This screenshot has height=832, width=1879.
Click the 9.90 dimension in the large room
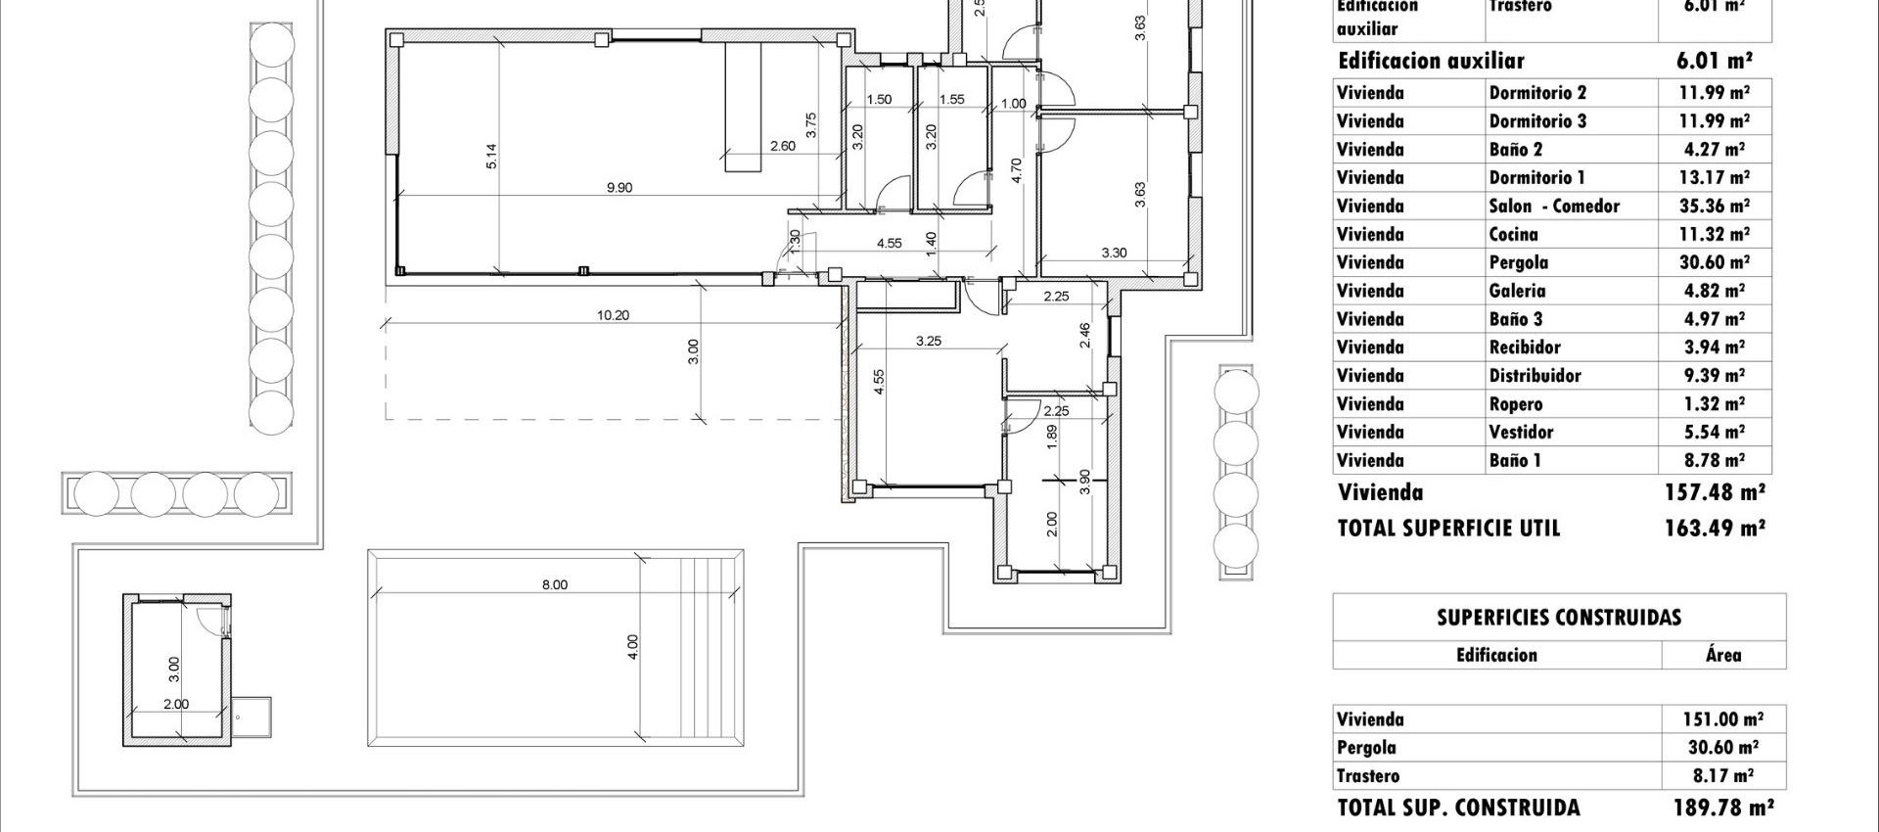(619, 188)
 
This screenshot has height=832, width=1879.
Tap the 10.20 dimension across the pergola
(613, 315)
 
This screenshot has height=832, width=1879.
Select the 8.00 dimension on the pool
(554, 585)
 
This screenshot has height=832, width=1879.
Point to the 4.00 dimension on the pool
(632, 647)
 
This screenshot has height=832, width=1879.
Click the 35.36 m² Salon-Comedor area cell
(1713, 207)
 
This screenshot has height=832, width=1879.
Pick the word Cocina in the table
(1513, 235)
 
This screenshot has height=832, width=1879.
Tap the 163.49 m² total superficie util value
(1715, 529)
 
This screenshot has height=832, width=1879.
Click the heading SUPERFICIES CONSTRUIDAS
(1559, 618)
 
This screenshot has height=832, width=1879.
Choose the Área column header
(1722, 655)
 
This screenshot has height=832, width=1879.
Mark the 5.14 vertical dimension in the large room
(491, 157)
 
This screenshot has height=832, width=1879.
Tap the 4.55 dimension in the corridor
(889, 244)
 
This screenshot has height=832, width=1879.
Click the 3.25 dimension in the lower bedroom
(928, 342)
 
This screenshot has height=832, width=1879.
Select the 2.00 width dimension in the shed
(176, 704)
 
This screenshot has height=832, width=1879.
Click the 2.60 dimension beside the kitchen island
(782, 147)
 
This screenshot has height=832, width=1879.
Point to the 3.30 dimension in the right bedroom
(1114, 253)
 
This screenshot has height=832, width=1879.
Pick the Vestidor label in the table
(1521, 433)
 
